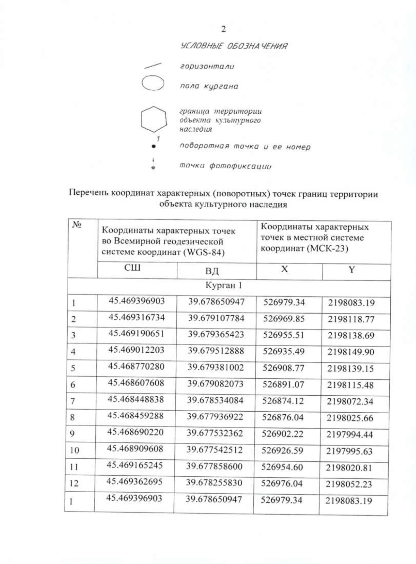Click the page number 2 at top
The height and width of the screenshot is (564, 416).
[223, 29]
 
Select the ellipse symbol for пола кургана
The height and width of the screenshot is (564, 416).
[153, 83]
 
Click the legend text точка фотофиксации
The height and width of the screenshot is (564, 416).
[225, 166]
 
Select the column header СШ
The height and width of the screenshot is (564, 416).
[132, 268]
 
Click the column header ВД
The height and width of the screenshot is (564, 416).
[212, 271]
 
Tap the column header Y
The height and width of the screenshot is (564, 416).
[352, 270]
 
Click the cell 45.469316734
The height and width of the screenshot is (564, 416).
[137, 317]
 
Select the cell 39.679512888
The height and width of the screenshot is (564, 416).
[216, 351]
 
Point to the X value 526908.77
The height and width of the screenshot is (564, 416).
[283, 368]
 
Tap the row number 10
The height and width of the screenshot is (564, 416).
[74, 450]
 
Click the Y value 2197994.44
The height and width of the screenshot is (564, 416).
[349, 434]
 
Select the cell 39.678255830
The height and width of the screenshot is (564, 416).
[214, 483]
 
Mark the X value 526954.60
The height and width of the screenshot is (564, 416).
[282, 467]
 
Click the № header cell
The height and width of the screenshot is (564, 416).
[77, 225]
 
